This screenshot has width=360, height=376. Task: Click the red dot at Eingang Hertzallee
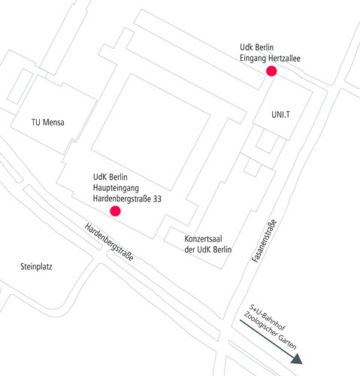click(x=271, y=71)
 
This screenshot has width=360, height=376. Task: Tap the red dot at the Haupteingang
click(x=115, y=211)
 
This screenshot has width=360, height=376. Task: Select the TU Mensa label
click(x=48, y=123)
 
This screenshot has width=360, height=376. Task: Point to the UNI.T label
click(x=280, y=114)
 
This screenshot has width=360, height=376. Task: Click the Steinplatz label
click(x=36, y=266)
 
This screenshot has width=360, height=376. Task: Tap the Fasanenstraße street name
click(x=265, y=241)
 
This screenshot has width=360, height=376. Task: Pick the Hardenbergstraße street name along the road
click(x=109, y=242)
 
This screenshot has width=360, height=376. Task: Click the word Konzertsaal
click(x=203, y=239)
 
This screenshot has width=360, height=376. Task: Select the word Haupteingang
click(x=116, y=188)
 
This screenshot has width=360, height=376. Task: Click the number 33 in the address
click(x=157, y=199)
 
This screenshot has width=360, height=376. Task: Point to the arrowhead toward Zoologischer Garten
click(x=297, y=359)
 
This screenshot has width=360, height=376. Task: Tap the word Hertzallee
click(x=284, y=59)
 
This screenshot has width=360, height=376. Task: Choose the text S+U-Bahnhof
click(x=268, y=317)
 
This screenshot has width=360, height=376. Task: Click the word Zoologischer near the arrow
click(x=260, y=324)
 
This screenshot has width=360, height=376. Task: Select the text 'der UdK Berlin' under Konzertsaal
click(x=208, y=250)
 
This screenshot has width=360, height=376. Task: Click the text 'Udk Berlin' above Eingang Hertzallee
click(x=257, y=47)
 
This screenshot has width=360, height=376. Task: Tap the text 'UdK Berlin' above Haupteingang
click(x=110, y=177)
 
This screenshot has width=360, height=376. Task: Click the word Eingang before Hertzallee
click(x=253, y=59)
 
